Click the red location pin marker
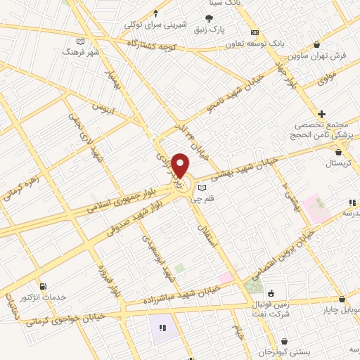[180, 165]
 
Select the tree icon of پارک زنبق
[209, 19]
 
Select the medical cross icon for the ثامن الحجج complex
[322, 113]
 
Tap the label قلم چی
[212, 199]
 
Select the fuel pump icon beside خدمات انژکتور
[44, 286]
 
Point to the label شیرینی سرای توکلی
[156, 24]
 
